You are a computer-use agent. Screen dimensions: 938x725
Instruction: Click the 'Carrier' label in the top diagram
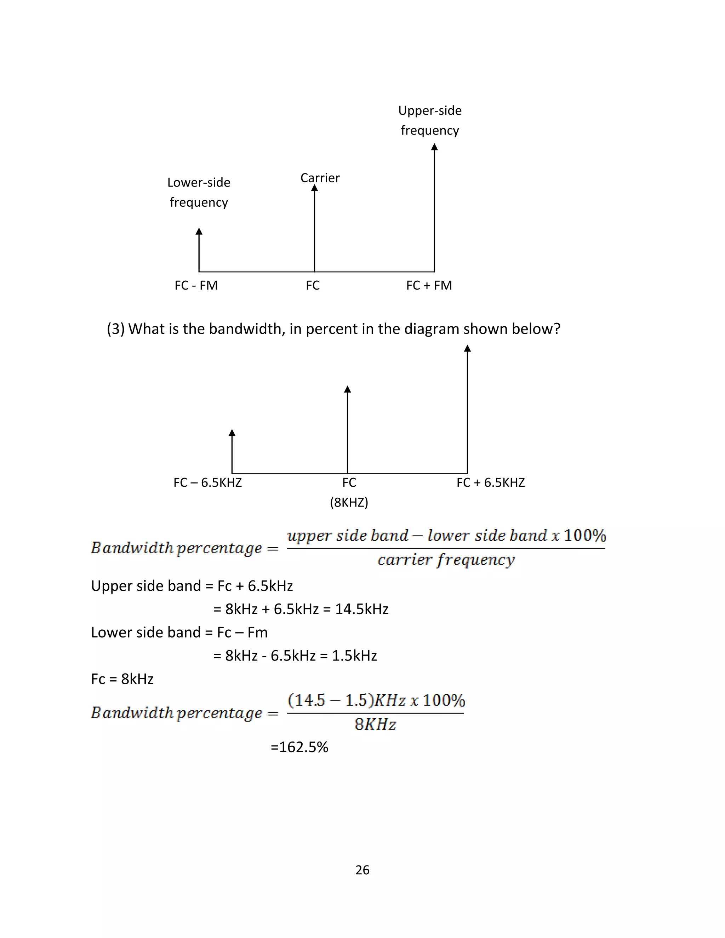(320, 178)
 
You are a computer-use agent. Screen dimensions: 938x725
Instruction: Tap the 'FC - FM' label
(196, 285)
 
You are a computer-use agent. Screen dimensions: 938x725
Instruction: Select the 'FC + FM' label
(429, 285)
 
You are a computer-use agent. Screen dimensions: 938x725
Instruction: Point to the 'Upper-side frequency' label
(430, 120)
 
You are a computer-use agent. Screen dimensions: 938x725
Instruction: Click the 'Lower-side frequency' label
(199, 192)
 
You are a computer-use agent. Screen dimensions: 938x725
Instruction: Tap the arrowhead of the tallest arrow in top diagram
(434, 147)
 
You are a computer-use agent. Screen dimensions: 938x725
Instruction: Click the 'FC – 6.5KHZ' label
(207, 482)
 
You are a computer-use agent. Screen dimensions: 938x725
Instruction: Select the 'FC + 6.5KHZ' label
(491, 482)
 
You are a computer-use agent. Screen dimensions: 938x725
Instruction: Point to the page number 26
(362, 870)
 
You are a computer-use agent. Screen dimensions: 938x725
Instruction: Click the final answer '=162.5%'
(299, 747)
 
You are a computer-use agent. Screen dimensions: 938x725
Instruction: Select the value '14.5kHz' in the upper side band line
(362, 609)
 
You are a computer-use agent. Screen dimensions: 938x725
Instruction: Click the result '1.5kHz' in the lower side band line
(354, 656)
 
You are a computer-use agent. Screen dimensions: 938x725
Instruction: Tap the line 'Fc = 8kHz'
(122, 679)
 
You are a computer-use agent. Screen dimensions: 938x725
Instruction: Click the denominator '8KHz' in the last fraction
(375, 725)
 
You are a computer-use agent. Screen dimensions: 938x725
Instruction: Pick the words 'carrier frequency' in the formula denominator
(446, 560)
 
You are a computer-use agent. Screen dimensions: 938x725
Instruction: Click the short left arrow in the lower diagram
(232, 451)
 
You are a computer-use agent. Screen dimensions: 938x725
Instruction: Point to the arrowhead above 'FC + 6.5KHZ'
(467, 349)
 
